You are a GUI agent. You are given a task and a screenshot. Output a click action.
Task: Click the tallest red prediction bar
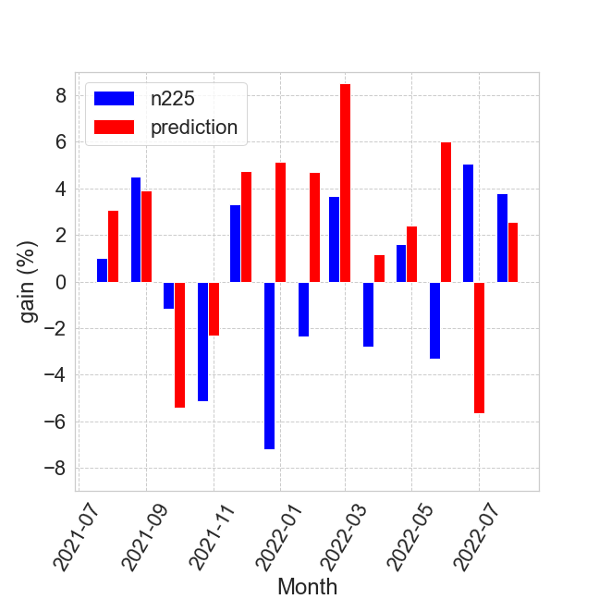(x=345, y=183)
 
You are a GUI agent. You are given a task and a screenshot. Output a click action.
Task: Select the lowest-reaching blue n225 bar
(x=269, y=365)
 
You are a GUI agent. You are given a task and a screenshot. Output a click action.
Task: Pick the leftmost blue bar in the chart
(x=102, y=270)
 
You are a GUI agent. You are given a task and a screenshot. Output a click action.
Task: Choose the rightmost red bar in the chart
(x=513, y=252)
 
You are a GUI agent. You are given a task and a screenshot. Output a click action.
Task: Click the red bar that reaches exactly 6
(x=446, y=213)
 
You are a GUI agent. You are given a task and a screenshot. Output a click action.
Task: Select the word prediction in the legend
(x=194, y=128)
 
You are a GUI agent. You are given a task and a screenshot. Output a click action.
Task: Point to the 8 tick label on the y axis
(x=60, y=96)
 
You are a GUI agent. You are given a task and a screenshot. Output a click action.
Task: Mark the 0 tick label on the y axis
(x=60, y=282)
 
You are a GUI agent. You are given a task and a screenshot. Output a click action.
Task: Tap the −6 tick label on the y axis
(x=54, y=422)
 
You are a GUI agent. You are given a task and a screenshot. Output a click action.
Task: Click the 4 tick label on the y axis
(x=60, y=189)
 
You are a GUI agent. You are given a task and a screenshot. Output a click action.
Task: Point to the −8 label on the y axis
(x=54, y=469)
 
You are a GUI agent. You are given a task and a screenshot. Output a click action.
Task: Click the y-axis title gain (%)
(x=29, y=282)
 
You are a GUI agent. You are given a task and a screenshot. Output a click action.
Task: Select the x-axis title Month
(x=307, y=586)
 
